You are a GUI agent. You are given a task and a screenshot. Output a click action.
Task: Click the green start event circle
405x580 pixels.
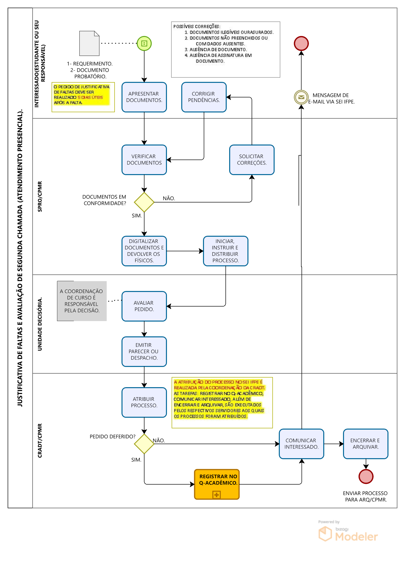pos(144,43)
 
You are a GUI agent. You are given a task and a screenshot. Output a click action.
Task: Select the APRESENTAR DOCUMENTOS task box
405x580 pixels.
pos(144,97)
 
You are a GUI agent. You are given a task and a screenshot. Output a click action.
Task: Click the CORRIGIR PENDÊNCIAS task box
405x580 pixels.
pos(204,97)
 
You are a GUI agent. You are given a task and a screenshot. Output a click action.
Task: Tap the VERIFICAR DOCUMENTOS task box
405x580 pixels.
pos(144,160)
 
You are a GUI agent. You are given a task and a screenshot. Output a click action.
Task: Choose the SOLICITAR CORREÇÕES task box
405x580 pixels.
pos(252,160)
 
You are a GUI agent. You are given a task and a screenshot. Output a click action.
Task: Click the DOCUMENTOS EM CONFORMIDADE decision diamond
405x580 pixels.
pos(144,202)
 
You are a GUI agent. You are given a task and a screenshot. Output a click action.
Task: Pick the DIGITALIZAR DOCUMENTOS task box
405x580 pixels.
pos(144,251)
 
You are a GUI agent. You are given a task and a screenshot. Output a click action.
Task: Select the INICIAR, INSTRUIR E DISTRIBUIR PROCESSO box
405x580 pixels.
pos(226,251)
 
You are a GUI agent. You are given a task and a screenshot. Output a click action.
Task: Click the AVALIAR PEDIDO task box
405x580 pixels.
pos(144,306)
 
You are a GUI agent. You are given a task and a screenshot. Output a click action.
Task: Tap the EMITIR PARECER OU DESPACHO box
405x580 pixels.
pos(144,351)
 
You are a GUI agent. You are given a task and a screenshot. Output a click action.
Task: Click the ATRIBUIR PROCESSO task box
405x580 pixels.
pos(144,402)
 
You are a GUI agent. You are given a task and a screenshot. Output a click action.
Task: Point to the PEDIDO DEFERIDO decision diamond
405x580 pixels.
pos(144,444)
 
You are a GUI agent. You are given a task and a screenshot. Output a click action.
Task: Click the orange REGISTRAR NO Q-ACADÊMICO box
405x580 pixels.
pos(217,484)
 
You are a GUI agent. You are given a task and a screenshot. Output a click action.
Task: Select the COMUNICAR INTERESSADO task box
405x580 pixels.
pos(302,444)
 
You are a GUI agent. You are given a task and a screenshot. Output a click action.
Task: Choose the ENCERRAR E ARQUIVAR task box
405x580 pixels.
pos(366,444)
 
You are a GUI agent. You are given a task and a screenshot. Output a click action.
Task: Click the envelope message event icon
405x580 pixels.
pos(301,97)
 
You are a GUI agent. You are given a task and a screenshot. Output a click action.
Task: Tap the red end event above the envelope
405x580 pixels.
pos(301,43)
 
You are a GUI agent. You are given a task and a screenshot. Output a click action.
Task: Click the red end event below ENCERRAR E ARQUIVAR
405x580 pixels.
pos(366,476)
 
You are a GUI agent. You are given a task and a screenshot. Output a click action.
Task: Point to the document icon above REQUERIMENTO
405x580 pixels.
pos(89,43)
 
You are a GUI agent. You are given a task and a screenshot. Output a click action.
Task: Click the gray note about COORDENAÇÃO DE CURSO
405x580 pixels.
pos(82,301)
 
